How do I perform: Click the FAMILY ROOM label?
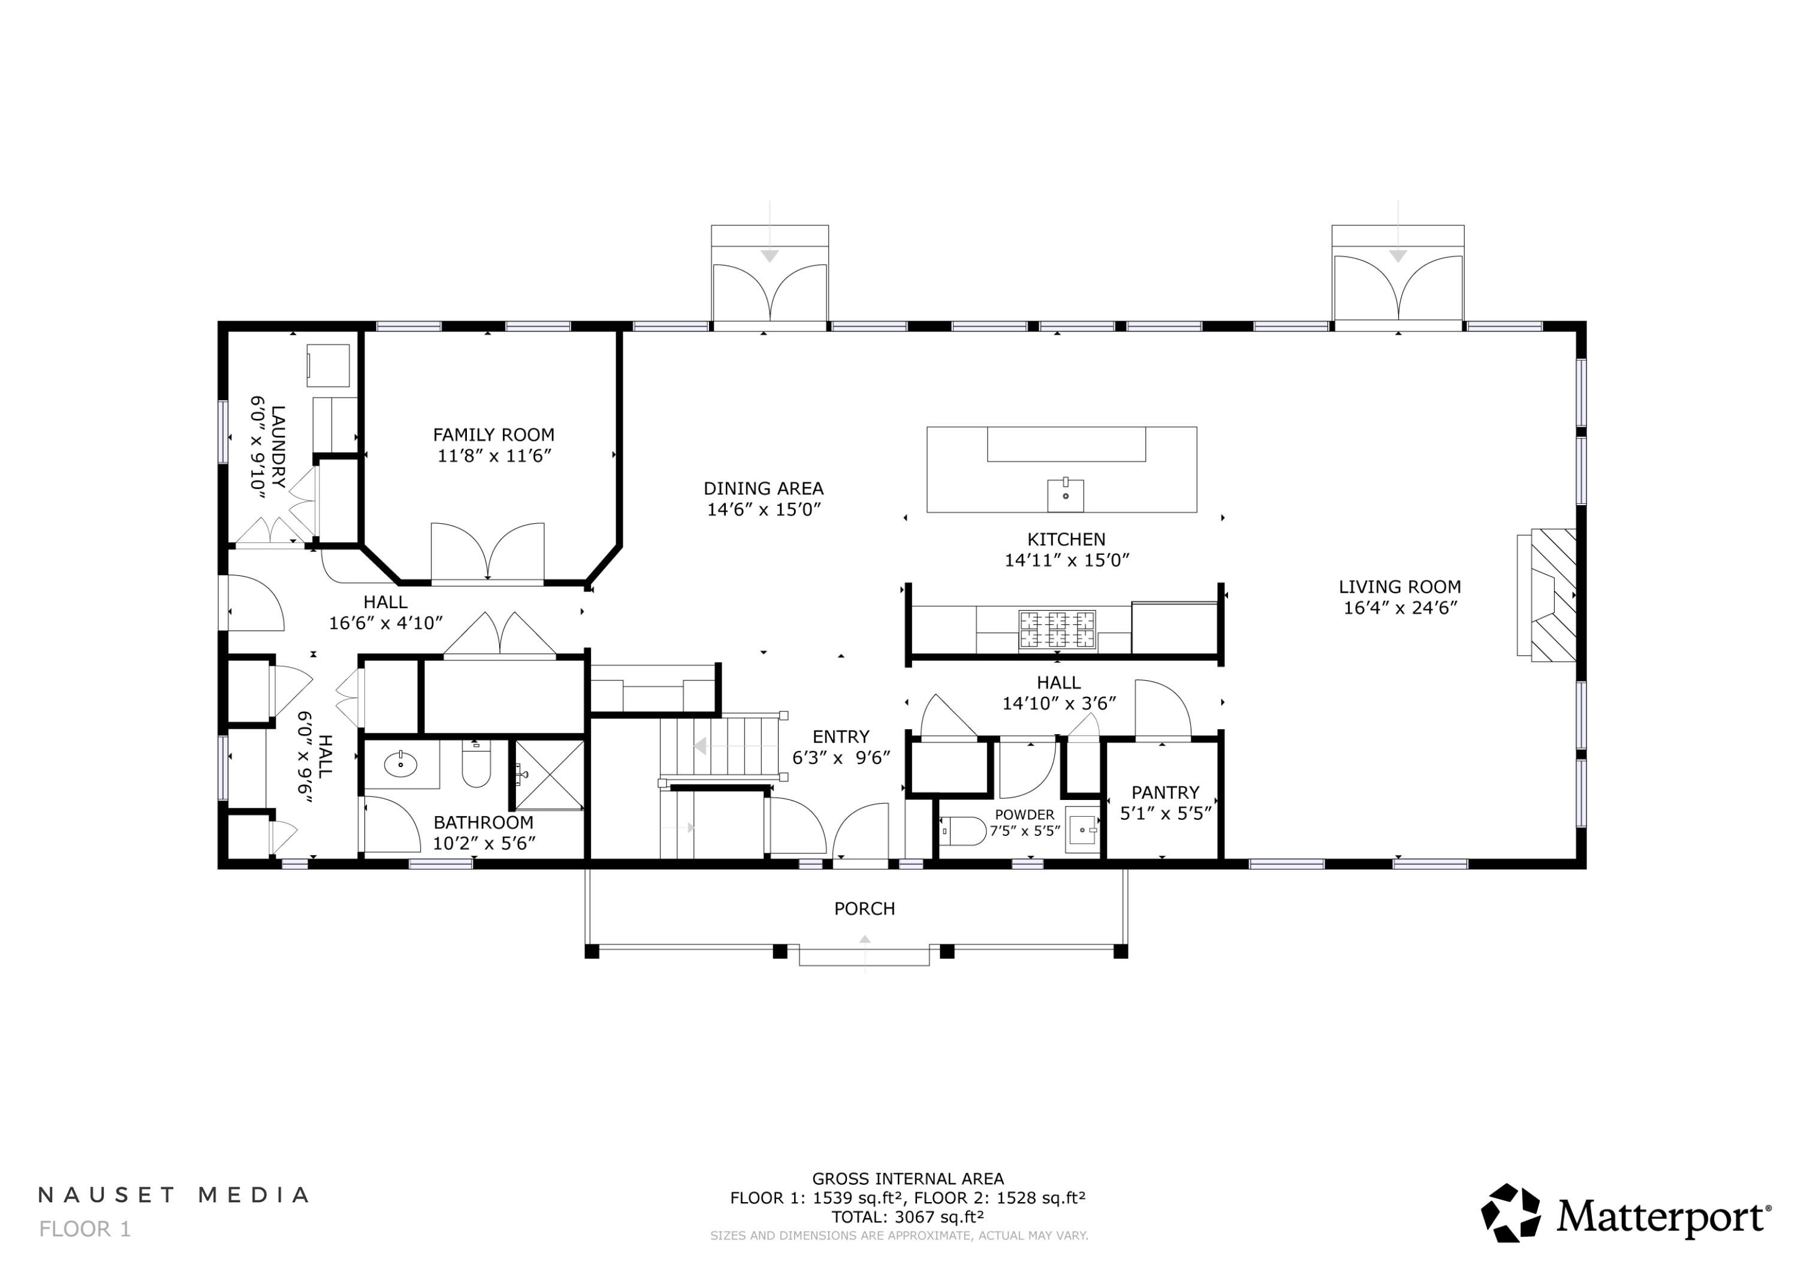pyautogui.click(x=493, y=434)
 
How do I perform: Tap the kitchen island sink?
pyautogui.click(x=1065, y=495)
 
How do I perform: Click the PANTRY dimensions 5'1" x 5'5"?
pyautogui.click(x=1165, y=814)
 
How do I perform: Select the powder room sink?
pyautogui.click(x=1083, y=829)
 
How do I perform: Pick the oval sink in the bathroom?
pyautogui.click(x=402, y=764)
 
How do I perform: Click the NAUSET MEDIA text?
pyautogui.click(x=174, y=1195)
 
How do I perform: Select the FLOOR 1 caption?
pyautogui.click(x=85, y=1228)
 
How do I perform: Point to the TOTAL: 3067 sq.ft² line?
pyautogui.click(x=907, y=1217)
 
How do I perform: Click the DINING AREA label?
pyautogui.click(x=763, y=488)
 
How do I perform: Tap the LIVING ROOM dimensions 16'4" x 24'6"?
pyautogui.click(x=1399, y=608)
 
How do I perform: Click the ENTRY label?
pyautogui.click(x=840, y=737)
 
